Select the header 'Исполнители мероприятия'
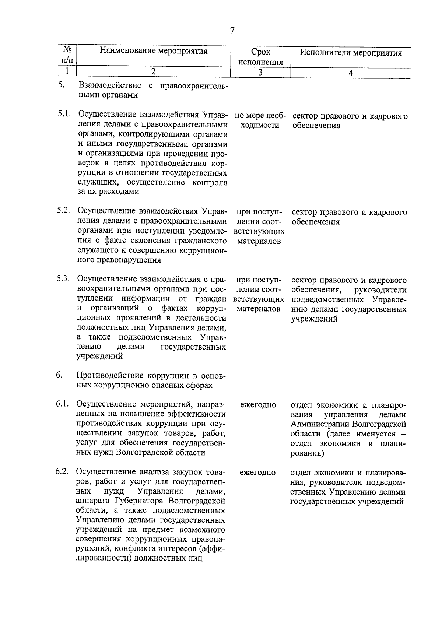[x=350, y=53]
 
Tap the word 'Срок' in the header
[x=260, y=52]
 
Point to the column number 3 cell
[x=260, y=72]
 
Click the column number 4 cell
[x=351, y=73]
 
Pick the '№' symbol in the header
[x=67, y=50]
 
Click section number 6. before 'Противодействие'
[x=59, y=375]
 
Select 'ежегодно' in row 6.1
[x=258, y=405]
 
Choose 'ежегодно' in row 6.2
[x=258, y=472]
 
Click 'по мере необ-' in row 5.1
[x=260, y=116]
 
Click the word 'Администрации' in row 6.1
[x=319, y=424]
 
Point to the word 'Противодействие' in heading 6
[x=110, y=376]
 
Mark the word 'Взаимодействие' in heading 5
[x=110, y=85]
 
